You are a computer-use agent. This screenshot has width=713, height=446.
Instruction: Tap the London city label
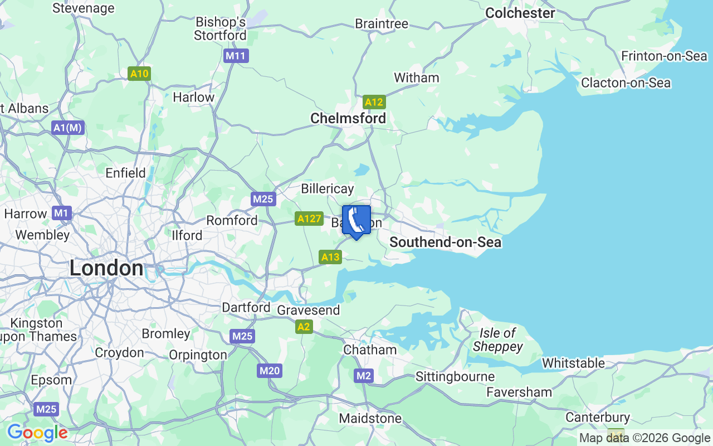click(x=106, y=269)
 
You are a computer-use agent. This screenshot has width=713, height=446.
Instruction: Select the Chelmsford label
click(x=348, y=118)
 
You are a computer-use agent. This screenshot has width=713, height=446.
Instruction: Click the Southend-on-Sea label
click(x=445, y=242)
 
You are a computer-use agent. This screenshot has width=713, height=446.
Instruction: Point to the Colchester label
click(x=520, y=13)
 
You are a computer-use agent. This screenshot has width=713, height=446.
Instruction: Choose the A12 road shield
click(x=374, y=102)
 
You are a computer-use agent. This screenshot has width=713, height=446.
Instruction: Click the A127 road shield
click(x=309, y=219)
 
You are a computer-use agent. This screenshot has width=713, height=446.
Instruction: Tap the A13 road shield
click(x=330, y=257)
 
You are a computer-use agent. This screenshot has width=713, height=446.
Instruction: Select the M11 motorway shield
click(x=236, y=56)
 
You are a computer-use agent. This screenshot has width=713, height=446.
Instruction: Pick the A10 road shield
click(x=139, y=74)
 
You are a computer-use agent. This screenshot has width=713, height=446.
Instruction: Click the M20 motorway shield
click(x=270, y=371)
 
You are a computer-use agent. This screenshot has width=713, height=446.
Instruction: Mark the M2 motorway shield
click(x=363, y=376)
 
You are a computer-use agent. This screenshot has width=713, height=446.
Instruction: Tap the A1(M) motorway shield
click(x=68, y=128)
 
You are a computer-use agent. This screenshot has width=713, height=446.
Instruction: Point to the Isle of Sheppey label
click(x=497, y=340)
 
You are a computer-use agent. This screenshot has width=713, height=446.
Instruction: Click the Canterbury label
click(x=598, y=417)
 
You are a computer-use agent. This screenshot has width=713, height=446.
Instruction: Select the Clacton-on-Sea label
click(x=626, y=83)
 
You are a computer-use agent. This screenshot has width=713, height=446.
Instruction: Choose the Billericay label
click(x=328, y=188)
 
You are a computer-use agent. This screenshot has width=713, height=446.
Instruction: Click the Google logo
click(x=37, y=433)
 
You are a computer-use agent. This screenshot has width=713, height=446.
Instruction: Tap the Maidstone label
click(x=370, y=418)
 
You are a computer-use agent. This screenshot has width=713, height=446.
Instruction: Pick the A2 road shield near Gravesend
click(x=304, y=327)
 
